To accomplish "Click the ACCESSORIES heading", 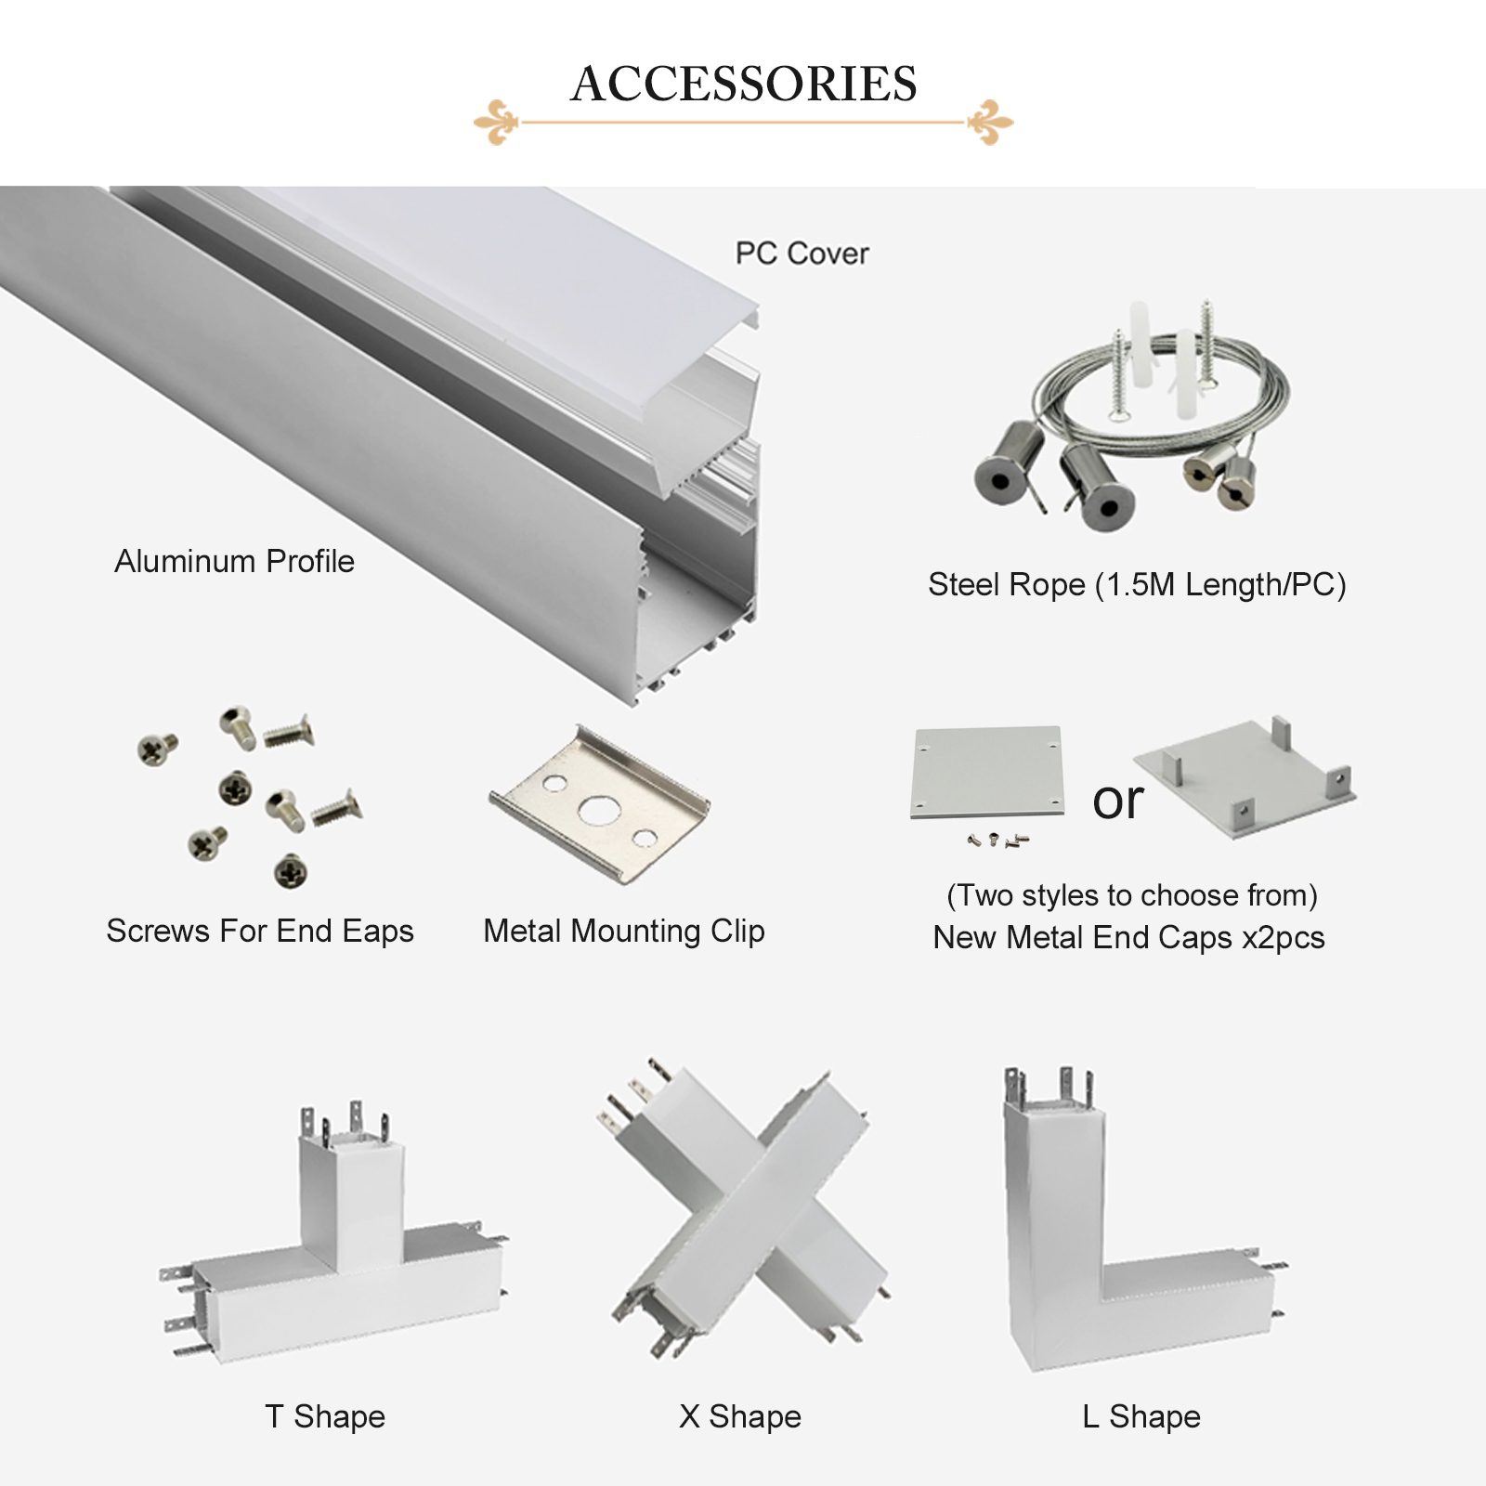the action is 744,84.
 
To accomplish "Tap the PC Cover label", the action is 802,254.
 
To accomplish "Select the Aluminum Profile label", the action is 234,561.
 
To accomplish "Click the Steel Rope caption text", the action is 1137,585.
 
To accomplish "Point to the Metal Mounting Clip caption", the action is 624,931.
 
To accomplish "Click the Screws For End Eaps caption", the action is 260,931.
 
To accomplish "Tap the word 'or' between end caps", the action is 1117,801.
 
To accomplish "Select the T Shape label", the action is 325,1416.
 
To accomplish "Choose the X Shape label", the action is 740,1416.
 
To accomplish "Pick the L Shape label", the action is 1141,1416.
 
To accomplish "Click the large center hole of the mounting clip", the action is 594,812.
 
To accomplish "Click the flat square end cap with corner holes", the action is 987,773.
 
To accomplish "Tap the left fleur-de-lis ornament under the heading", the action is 499,122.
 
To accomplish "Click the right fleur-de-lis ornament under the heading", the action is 989,122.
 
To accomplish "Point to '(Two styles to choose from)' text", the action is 1132,895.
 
